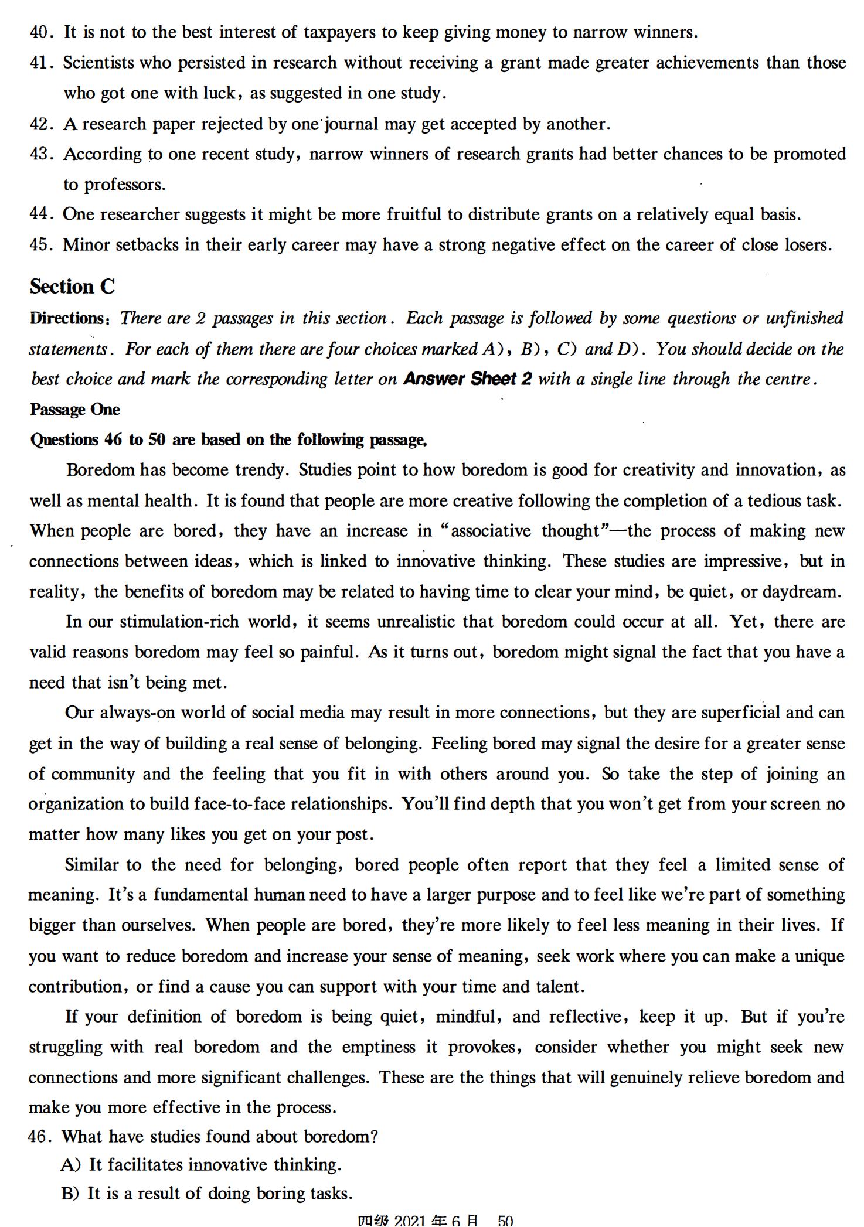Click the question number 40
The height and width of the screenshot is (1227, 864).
click(x=41, y=32)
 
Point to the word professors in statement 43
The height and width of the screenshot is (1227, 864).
click(x=124, y=185)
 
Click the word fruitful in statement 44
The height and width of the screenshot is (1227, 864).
click(x=413, y=214)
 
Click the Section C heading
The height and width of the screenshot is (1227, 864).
click(x=73, y=287)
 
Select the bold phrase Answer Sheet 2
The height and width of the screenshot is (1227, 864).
click(x=468, y=379)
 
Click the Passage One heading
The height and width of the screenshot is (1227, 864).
click(x=75, y=410)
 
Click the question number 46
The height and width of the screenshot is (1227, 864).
click(x=40, y=1137)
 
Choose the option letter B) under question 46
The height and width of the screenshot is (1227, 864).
click(x=70, y=1194)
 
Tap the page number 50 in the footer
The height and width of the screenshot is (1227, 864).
click(x=505, y=1220)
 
